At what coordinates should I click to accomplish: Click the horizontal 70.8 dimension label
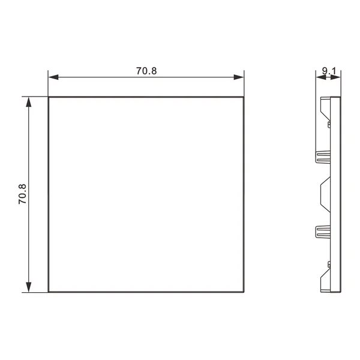[146, 71]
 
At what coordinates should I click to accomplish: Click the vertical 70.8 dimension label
[23, 194]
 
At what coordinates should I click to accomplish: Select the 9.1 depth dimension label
[329, 71]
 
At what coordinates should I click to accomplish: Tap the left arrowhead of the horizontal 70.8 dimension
[53, 77]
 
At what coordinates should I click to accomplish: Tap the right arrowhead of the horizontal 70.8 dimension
[239, 77]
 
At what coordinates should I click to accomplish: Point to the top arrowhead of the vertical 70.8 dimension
[28, 102]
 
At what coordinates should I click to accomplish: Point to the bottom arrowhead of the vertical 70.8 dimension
[28, 287]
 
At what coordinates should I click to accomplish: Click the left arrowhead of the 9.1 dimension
[321, 77]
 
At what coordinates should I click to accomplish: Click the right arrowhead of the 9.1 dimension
[335, 77]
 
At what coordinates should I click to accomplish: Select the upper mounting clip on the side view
[323, 157]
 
